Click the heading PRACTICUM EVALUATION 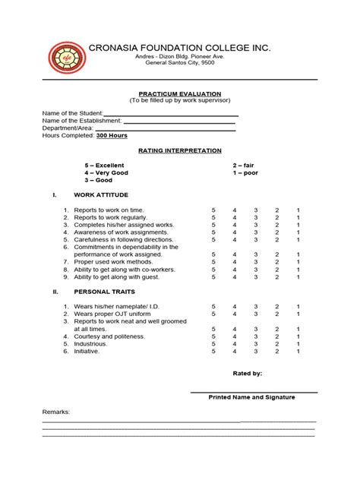tap(179, 92)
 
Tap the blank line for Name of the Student tap(171, 115)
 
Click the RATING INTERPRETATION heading tap(180, 150)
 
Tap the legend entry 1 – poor tap(245, 172)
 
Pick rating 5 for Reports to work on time tap(213, 210)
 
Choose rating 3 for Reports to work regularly tap(256, 217)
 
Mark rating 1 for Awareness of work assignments tap(298, 232)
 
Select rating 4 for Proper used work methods tap(235, 262)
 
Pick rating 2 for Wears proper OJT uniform tap(277, 314)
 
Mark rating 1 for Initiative tap(298, 351)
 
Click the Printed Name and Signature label tap(252, 397)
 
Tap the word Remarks tap(55, 412)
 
